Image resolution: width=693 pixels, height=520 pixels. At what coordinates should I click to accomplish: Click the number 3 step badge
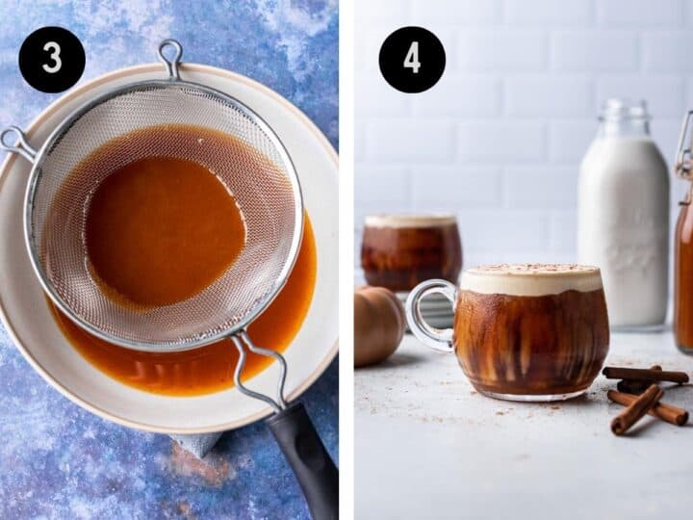52,60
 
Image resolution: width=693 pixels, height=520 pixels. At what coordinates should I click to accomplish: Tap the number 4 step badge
412,60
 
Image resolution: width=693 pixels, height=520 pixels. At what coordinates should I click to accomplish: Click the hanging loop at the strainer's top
170,56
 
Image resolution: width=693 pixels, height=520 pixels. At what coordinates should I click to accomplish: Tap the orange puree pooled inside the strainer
164,230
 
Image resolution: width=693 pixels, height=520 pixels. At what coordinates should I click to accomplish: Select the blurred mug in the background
411,252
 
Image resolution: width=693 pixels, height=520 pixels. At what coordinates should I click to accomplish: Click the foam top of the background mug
411,221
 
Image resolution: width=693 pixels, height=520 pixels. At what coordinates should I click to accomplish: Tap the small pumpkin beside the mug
377,325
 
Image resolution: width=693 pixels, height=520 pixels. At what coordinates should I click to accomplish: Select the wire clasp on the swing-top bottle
682,144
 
